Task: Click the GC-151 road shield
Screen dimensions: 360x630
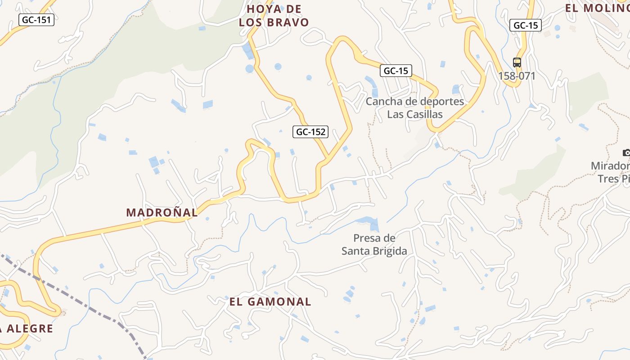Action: click(x=36, y=20)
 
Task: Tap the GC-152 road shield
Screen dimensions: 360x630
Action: click(x=311, y=132)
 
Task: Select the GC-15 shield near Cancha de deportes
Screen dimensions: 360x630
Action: click(x=396, y=71)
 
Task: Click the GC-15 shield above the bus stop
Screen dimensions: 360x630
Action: click(x=525, y=25)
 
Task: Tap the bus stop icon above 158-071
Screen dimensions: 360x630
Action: click(x=517, y=63)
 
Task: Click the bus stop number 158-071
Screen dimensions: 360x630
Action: click(x=517, y=76)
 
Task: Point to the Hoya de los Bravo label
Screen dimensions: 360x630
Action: click(x=274, y=16)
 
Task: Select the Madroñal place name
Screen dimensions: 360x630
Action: click(x=162, y=212)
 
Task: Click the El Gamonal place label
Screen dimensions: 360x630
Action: click(x=270, y=301)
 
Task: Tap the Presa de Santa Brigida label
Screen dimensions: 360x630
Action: click(x=374, y=244)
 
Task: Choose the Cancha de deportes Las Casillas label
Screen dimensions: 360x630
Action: click(x=414, y=108)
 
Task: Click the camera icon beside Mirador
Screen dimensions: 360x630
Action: click(x=626, y=153)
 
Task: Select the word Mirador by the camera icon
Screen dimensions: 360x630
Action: click(x=610, y=166)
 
